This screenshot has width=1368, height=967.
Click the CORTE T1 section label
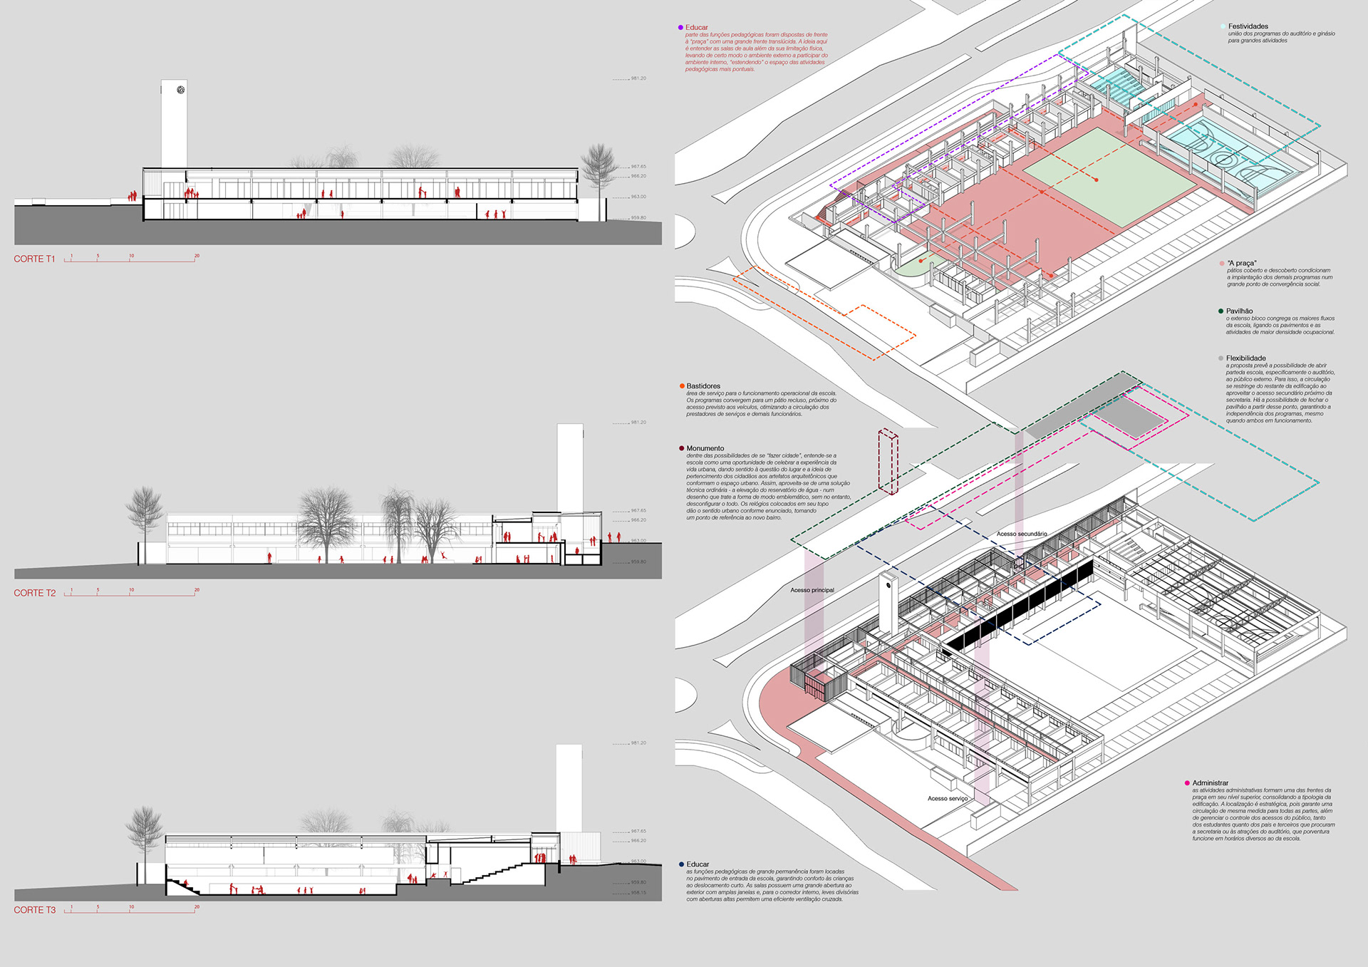[34, 259]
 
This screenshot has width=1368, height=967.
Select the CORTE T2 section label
[34, 593]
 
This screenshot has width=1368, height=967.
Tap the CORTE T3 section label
[34, 910]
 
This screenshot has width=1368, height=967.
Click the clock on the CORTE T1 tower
[181, 90]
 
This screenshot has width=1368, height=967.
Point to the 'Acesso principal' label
[812, 590]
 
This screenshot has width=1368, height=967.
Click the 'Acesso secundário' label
[1022, 534]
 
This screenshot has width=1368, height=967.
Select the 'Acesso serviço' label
[948, 798]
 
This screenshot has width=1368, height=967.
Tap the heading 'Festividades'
[1248, 26]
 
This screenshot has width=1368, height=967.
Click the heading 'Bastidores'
[703, 386]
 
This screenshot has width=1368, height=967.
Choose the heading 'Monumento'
[705, 448]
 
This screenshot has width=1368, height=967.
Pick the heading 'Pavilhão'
[1239, 311]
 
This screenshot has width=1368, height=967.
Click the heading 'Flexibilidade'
[1245, 358]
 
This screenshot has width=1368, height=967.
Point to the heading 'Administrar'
[1211, 782]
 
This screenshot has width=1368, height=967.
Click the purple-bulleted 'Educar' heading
[697, 27]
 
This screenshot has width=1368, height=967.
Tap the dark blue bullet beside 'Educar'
[682, 864]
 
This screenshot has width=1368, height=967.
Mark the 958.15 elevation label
[638, 892]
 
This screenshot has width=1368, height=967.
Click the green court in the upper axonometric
[1108, 175]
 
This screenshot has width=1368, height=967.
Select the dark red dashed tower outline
[888, 461]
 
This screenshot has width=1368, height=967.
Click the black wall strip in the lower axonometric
[1019, 606]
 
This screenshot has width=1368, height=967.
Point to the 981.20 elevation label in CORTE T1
[638, 78]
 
